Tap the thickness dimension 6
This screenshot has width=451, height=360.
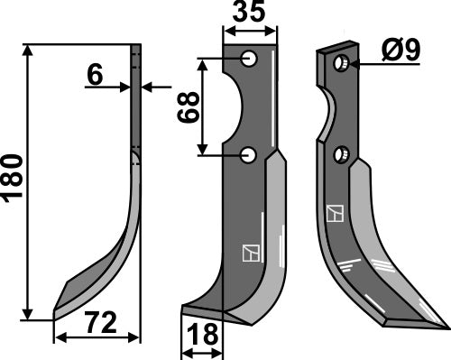point(95,76)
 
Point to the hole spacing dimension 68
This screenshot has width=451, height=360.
point(189,107)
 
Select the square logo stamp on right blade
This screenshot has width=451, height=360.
point(336,214)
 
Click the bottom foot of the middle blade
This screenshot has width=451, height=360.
point(203,312)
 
